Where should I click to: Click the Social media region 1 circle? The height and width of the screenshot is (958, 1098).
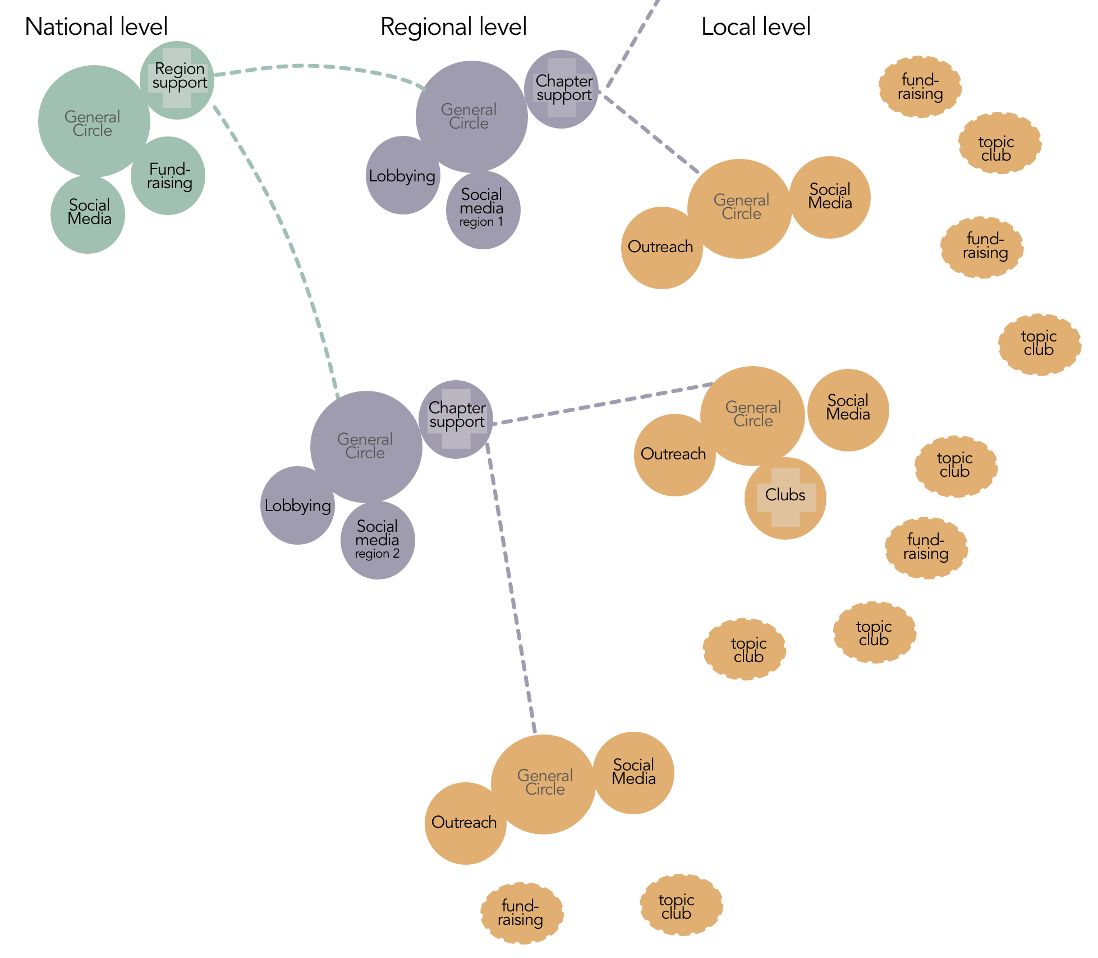tap(483, 209)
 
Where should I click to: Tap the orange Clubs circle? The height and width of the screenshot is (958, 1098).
tap(785, 498)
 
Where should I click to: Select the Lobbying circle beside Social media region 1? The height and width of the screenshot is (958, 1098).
tap(402, 176)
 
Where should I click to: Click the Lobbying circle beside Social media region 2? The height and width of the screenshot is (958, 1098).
tap(297, 505)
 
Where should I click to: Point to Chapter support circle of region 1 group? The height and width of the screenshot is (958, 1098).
tap(562, 89)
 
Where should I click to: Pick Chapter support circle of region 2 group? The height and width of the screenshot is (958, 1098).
tap(456, 418)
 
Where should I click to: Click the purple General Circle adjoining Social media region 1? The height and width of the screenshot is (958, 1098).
tap(471, 116)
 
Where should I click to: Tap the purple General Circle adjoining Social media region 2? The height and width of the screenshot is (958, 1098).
tap(366, 446)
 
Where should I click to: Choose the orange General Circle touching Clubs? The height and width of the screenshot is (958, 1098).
tap(752, 415)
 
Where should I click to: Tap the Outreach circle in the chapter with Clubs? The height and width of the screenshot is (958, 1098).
tap(674, 454)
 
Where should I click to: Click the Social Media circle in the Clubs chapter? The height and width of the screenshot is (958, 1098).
tap(848, 409)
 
